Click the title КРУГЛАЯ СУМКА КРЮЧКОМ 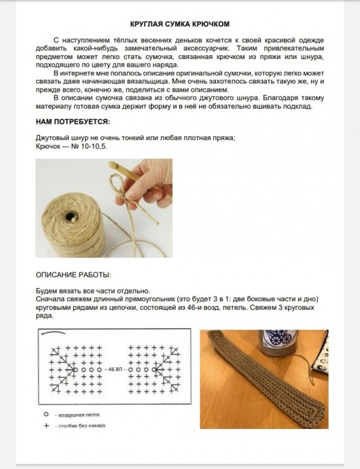(180, 24)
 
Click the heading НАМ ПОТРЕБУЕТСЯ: (73, 122)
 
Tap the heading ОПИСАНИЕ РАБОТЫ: (73, 275)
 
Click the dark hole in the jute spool (71, 216)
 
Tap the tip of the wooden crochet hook (111, 164)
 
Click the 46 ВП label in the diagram (113, 370)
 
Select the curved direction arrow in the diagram (53, 332)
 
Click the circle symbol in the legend (46, 415)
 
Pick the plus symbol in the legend (46, 425)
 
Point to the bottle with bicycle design (278, 343)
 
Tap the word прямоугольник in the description (149, 299)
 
